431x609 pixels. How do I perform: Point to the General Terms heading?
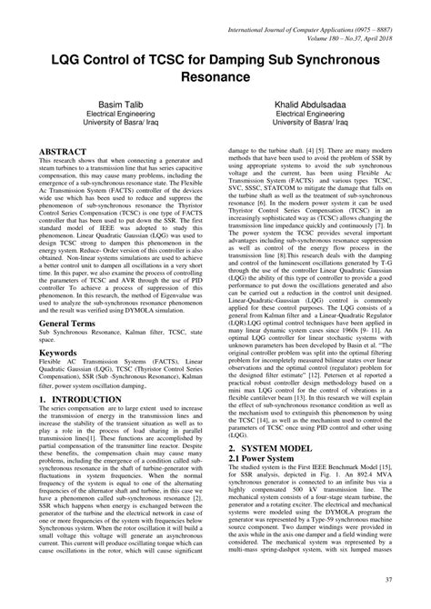click(x=74, y=322)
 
